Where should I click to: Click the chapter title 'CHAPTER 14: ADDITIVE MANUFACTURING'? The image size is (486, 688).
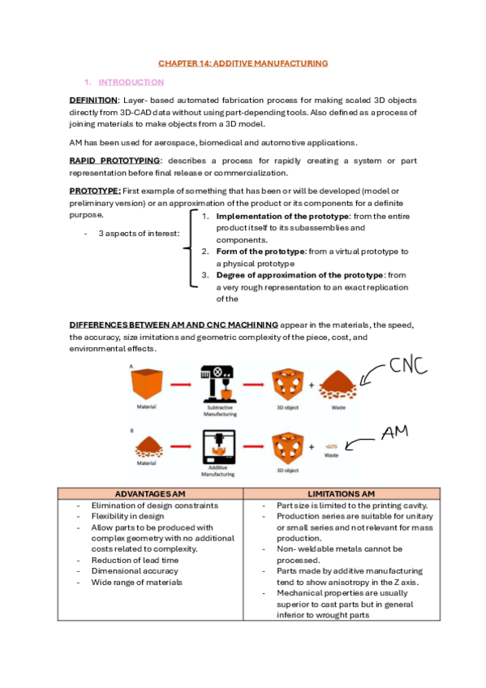pos(243,62)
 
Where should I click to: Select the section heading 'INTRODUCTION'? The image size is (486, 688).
pos(131,83)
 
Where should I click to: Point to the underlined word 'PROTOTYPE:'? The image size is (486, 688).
pos(95,190)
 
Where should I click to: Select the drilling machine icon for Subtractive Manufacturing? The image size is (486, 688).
pos(217,381)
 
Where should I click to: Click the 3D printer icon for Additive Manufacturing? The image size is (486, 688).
pos(218,446)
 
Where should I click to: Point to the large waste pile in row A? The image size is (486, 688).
pos(342,383)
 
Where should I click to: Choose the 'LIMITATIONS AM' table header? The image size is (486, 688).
pos(341,493)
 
